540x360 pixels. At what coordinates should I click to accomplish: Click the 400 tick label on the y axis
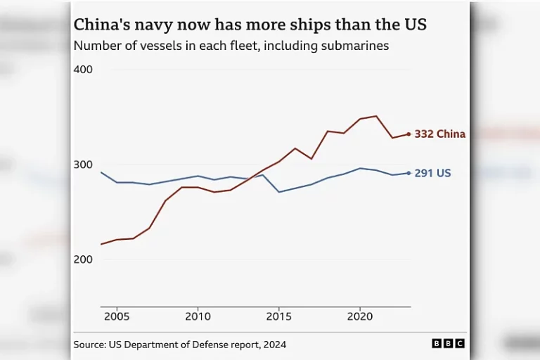click(83, 70)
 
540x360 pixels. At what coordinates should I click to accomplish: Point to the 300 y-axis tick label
click(83, 165)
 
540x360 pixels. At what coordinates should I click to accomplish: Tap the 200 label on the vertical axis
click(83, 259)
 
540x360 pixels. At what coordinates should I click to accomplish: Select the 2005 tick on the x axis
click(117, 316)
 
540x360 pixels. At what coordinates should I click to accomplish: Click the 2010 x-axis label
click(198, 316)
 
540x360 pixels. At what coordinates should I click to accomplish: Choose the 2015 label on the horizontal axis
click(279, 316)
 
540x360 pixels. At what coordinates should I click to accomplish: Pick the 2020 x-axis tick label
click(360, 316)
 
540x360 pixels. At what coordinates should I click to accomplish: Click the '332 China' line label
click(439, 134)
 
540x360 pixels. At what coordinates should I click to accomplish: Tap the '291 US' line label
click(432, 173)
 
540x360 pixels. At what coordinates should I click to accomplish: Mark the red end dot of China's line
click(409, 134)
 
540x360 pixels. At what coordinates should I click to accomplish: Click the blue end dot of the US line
click(409, 173)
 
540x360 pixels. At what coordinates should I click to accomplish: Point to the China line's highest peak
click(376, 116)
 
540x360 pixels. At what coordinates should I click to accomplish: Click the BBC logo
click(448, 344)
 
